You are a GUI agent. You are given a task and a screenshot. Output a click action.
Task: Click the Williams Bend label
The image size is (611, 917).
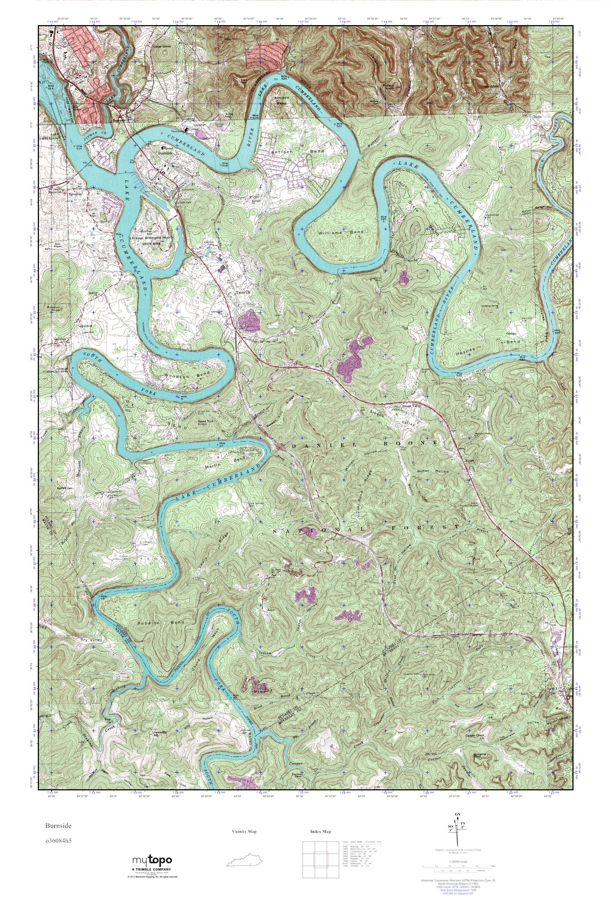[341, 232]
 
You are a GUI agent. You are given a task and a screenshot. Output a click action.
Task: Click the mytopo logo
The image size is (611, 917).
[152, 860]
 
